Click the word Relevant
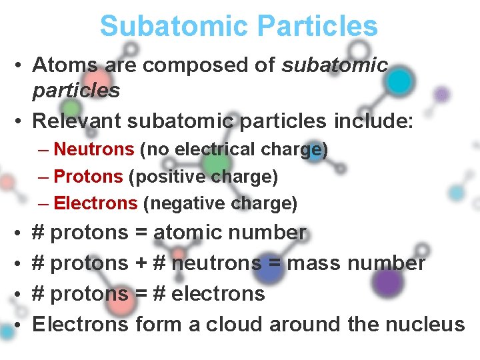click(76, 121)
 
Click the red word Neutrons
click(94, 150)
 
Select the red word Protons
click(88, 177)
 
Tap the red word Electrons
click(95, 203)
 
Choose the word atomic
click(187, 233)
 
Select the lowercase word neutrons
click(216, 263)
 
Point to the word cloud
click(234, 324)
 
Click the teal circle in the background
click(399, 81)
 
